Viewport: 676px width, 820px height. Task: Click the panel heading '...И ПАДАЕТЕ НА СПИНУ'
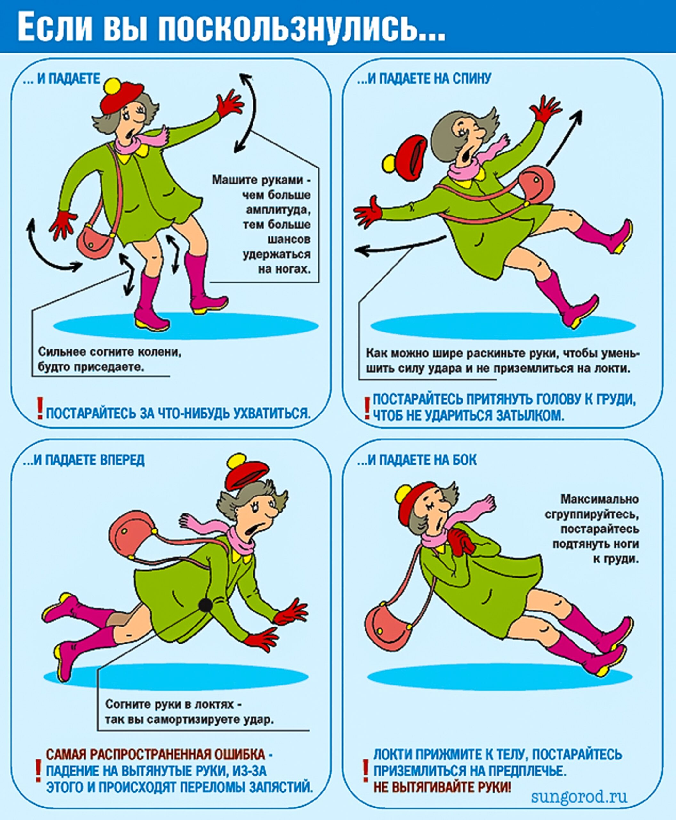click(x=424, y=79)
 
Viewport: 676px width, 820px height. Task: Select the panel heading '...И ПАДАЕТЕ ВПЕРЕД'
click(x=84, y=460)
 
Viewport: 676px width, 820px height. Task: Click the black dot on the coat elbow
click(x=205, y=605)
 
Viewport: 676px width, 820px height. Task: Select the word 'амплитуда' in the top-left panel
click(x=278, y=210)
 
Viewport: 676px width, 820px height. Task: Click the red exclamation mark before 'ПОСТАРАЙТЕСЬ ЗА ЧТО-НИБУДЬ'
click(x=39, y=408)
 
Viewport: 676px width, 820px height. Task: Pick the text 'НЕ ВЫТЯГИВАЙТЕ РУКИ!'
click(x=442, y=787)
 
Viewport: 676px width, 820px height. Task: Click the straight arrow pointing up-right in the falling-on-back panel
click(x=564, y=138)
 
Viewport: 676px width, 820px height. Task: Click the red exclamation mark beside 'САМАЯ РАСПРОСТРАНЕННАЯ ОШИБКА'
click(x=38, y=770)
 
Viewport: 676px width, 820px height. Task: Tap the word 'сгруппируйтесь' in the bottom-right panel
click(x=592, y=514)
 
